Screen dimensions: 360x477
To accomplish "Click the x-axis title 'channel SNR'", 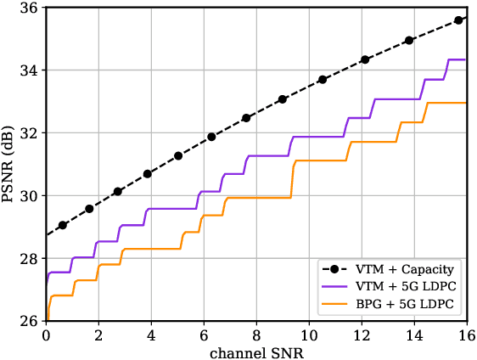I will [256, 351].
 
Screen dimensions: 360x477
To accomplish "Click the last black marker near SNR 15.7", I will [458, 20].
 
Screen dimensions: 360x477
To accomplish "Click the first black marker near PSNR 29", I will [63, 225].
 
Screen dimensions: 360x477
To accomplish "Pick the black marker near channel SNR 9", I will [283, 99].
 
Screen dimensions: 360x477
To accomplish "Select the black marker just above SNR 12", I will [365, 59].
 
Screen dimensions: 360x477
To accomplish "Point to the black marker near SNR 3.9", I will [148, 173].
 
